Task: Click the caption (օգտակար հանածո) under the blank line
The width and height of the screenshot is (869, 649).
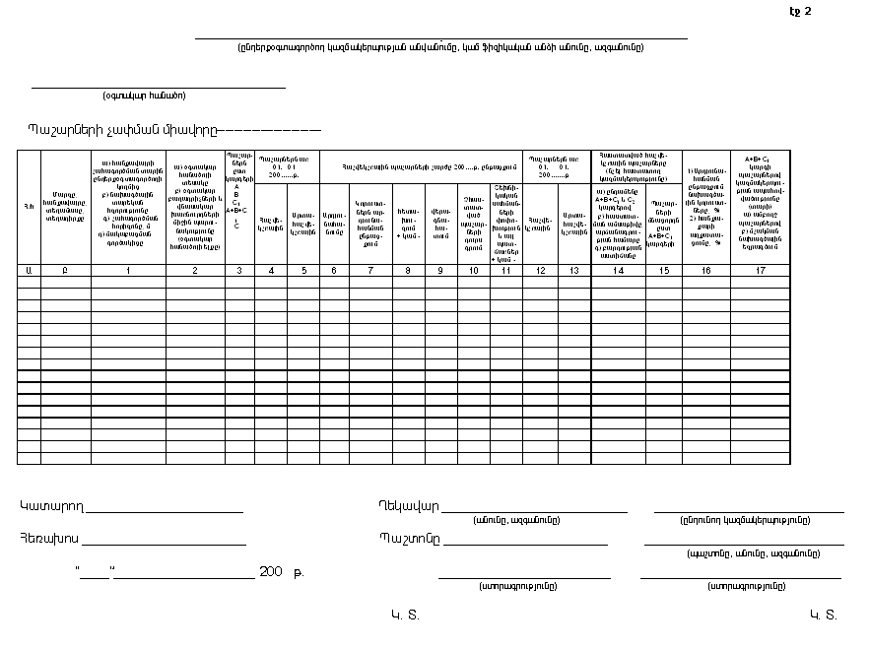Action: tap(144, 96)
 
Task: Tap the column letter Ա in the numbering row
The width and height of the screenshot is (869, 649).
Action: tap(28, 269)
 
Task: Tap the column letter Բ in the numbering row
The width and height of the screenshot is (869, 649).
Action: tap(65, 269)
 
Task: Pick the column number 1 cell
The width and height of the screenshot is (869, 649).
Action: tap(128, 269)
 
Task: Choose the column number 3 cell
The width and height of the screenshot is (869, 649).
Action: tap(239, 269)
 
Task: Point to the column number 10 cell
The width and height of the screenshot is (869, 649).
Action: tap(473, 269)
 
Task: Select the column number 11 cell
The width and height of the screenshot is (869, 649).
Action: tap(505, 269)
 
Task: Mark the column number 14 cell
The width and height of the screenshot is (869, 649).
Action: tap(618, 269)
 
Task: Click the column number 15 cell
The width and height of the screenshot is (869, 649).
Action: tap(664, 269)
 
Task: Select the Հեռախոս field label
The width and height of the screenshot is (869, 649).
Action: tap(49, 538)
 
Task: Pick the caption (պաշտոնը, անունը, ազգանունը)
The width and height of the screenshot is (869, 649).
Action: tap(744, 552)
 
